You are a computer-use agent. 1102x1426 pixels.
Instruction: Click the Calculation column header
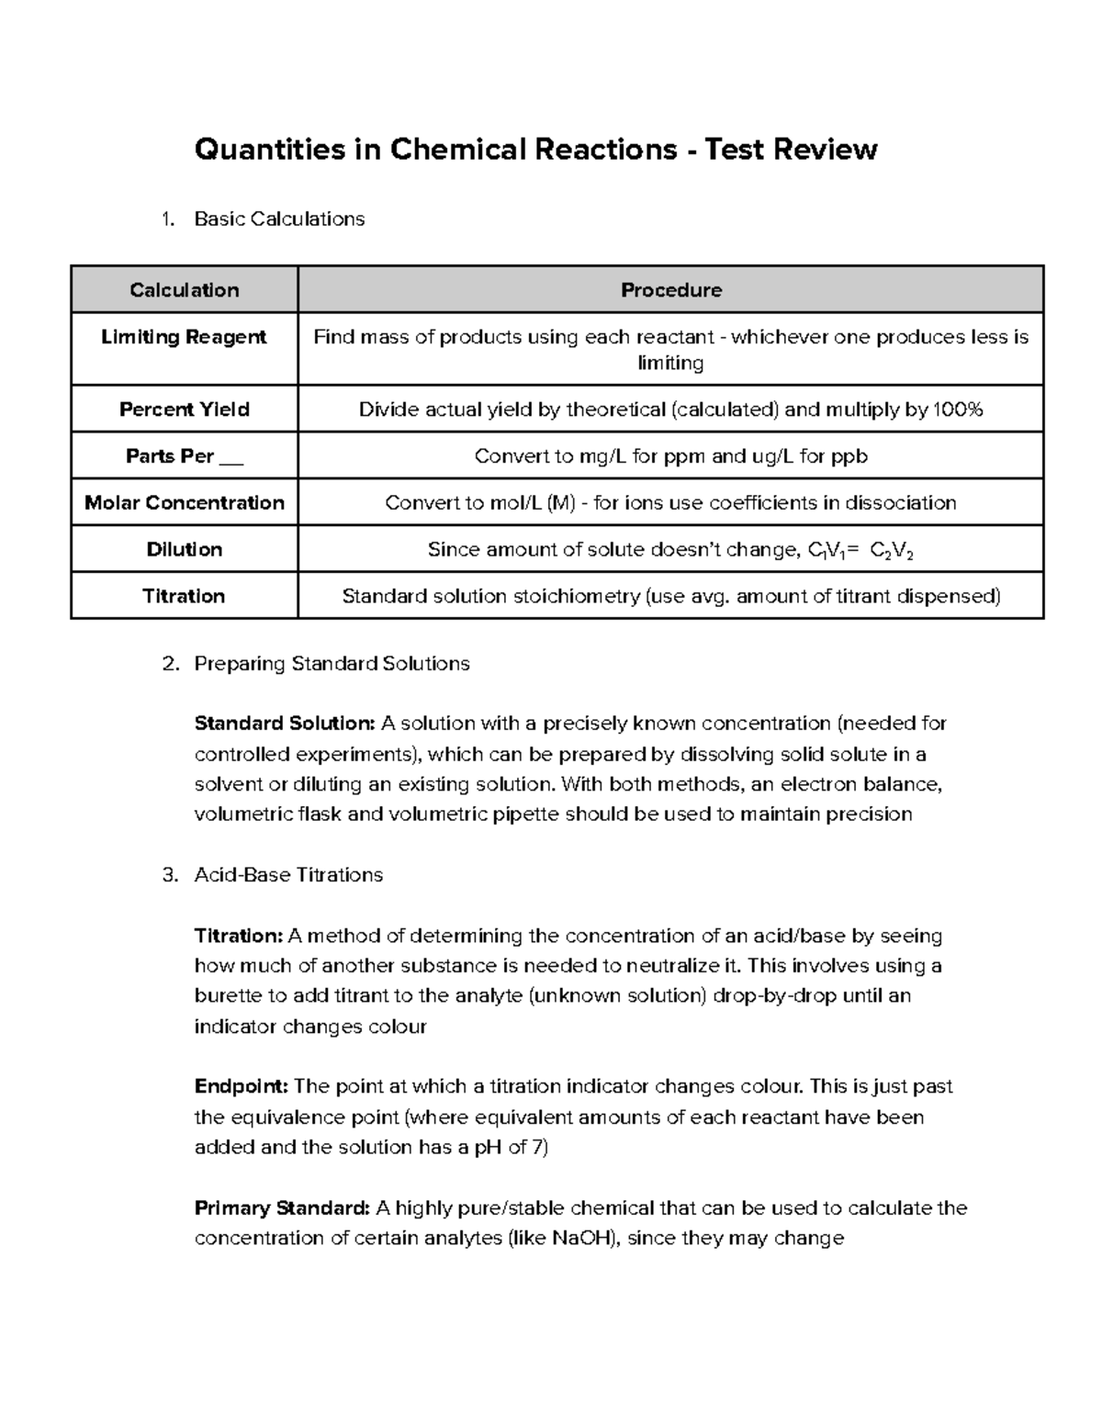coord(184,290)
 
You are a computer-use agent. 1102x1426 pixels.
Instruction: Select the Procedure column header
coord(670,290)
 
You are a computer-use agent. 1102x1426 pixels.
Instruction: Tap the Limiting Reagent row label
coord(184,337)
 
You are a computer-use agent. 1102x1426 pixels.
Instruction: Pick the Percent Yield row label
coord(184,410)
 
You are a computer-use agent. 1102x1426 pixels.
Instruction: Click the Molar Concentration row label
coord(184,502)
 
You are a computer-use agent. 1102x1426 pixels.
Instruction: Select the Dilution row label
coord(184,549)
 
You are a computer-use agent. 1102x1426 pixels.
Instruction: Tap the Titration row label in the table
coord(184,596)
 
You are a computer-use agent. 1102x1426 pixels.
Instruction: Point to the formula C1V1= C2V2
coord(860,550)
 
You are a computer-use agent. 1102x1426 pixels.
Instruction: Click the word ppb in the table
coord(849,456)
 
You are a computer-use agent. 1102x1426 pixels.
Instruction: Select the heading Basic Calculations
coord(279,219)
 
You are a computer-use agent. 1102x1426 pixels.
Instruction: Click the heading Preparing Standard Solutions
coord(332,663)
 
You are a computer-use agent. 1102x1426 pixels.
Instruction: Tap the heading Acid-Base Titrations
coord(288,874)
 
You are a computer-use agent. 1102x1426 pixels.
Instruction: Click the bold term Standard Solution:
coord(285,724)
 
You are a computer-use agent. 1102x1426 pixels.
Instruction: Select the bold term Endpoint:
coord(242,1086)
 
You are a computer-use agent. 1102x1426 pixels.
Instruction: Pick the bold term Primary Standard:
coord(282,1207)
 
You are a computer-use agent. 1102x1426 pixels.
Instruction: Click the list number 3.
coord(168,874)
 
